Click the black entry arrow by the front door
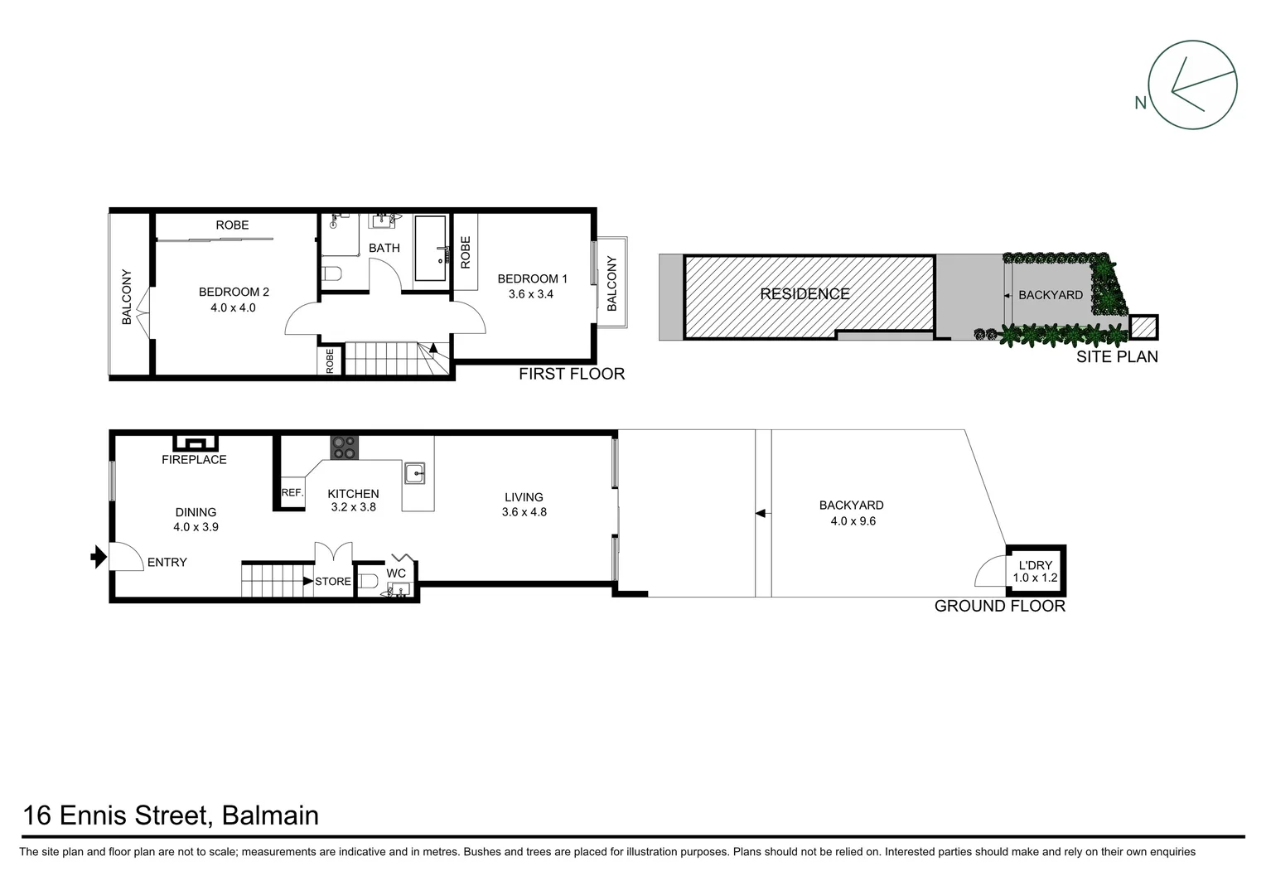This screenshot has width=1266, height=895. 99,556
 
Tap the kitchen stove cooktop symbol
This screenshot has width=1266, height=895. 344,447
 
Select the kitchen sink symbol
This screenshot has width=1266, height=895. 414,473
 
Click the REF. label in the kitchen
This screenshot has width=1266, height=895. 292,492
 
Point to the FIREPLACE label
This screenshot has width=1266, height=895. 194,460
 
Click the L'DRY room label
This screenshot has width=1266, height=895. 1035,565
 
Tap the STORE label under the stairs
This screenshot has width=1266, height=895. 333,582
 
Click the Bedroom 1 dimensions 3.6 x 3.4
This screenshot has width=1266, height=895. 531,293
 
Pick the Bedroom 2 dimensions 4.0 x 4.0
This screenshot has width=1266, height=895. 233,307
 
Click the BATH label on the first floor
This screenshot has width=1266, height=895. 384,248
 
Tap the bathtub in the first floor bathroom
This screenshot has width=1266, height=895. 430,249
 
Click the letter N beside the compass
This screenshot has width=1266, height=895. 1140,103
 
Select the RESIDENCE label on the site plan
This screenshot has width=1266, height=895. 805,293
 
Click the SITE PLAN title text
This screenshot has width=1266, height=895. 1116,357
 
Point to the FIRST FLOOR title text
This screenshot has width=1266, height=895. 572,374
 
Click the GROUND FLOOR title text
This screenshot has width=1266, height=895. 999,606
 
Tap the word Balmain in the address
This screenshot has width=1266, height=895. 269,815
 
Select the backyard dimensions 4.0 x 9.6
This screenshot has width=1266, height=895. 853,521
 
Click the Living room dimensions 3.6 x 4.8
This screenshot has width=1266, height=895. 524,512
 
